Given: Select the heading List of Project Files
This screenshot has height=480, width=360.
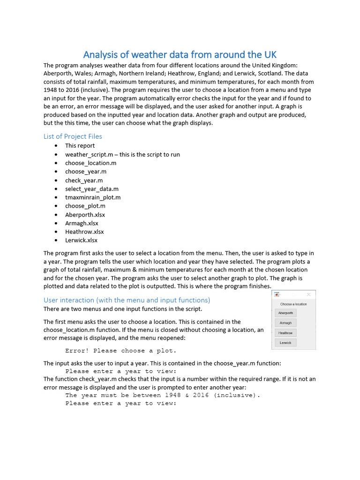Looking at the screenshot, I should [73, 136].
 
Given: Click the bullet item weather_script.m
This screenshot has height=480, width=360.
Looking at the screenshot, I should [122, 154].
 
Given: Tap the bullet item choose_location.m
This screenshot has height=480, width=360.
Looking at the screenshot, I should [90, 163].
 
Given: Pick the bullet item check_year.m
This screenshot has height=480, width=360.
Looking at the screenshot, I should [84, 180].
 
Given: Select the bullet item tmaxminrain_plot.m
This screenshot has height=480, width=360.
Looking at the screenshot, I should [93, 197].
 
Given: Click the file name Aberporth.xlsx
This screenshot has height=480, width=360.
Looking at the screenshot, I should [85, 215].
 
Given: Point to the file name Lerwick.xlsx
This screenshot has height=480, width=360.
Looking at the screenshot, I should [81, 240].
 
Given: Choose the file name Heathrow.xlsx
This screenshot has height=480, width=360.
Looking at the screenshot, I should [84, 232].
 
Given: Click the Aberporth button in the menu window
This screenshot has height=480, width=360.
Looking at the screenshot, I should [285, 313].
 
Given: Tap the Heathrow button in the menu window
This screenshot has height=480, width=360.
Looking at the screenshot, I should [285, 333].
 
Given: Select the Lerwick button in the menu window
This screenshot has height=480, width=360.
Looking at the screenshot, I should [285, 343].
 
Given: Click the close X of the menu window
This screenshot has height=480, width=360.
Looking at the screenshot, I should [308, 294].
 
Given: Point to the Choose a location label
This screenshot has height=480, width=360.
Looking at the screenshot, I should [293, 304].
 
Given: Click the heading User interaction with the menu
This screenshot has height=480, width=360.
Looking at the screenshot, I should [127, 300].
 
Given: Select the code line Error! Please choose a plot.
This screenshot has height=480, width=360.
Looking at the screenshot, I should [121, 351].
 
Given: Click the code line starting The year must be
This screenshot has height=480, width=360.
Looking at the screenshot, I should [163, 395].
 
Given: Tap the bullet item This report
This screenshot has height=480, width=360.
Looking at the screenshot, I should [80, 146].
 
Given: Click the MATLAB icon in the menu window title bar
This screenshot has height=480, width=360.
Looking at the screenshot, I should [277, 294].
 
